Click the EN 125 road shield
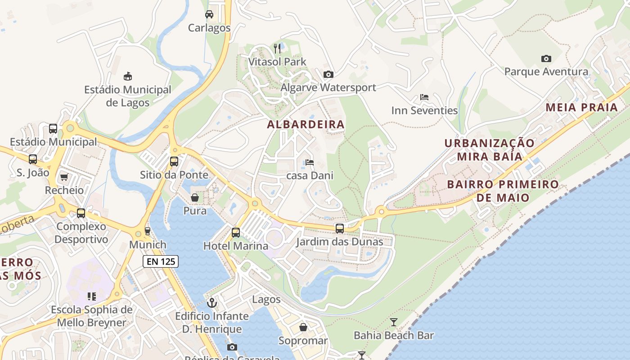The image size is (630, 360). coord(161,261)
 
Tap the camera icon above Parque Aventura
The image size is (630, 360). coord(546,58)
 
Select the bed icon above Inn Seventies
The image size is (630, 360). coord(424,97)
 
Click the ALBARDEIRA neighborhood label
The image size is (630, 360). coord(306,125)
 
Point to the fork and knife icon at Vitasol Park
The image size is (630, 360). coord(277,48)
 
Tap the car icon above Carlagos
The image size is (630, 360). coord(209,14)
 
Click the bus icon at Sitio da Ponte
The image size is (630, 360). coord(174,162)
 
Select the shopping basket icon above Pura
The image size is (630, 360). coord(195,198)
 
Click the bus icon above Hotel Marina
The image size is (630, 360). coord(236,233)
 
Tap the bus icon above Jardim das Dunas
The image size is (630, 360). coord(340,229)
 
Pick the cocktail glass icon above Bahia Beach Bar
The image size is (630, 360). coord(394,322)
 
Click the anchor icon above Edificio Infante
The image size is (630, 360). coord(211,303)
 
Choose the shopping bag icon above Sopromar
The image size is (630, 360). coord(303,327)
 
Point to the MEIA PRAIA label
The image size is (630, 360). coord(582,108)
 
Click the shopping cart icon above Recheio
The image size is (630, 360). coord(64,177)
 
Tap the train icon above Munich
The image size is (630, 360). coord(148,231)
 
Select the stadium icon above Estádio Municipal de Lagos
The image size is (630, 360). coord(128,76)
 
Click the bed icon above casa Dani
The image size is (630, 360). coord(310,162)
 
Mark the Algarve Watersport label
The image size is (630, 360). coord(328,88)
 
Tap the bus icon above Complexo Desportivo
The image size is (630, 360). coord(81,213)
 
